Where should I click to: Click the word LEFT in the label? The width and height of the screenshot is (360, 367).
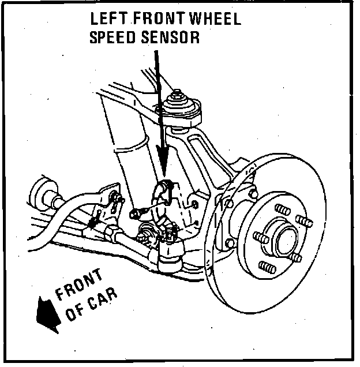[107, 18]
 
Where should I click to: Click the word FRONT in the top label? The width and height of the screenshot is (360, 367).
[156, 18]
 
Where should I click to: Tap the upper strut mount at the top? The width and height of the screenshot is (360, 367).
[179, 107]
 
